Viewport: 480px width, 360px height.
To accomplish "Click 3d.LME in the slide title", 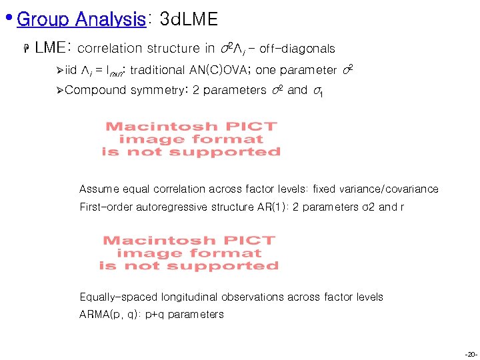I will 189,19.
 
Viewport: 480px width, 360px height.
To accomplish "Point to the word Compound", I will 96,90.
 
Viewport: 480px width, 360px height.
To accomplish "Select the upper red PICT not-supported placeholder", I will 191,139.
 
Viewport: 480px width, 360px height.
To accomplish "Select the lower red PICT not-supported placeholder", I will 189,253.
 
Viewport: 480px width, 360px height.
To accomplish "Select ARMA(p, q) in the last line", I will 108,315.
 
